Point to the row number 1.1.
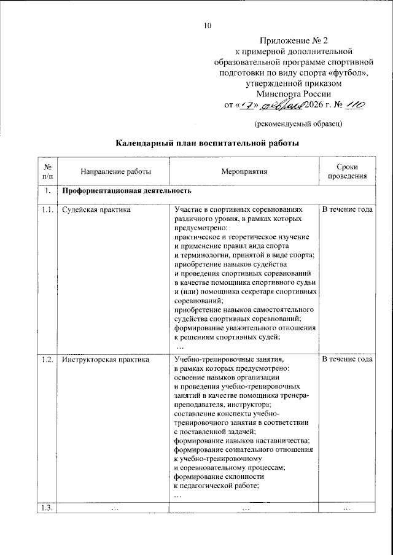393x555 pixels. pos(46,210)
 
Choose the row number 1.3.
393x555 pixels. pos(46,507)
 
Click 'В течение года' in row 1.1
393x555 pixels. pos(347,210)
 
